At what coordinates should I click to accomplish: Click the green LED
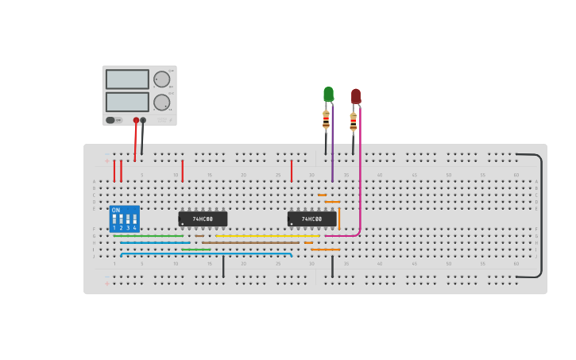[328, 94]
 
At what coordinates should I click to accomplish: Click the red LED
[356, 95]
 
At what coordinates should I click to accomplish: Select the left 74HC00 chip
[203, 219]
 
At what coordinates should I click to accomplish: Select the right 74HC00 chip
[311, 219]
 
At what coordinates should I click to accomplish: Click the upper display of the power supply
[127, 79]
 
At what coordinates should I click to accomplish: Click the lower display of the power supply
[127, 102]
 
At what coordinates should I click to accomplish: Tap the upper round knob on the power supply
[161, 79]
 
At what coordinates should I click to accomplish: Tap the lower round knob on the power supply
[161, 102]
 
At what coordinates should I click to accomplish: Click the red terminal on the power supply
[136, 120]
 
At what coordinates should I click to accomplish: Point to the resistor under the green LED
[326, 120]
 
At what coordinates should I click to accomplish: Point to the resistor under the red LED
[353, 122]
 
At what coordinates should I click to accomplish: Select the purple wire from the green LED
[332, 151]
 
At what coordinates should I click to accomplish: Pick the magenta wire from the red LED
[360, 175]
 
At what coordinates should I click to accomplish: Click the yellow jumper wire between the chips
[266, 235]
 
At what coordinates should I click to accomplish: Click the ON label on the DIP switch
[116, 211]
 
